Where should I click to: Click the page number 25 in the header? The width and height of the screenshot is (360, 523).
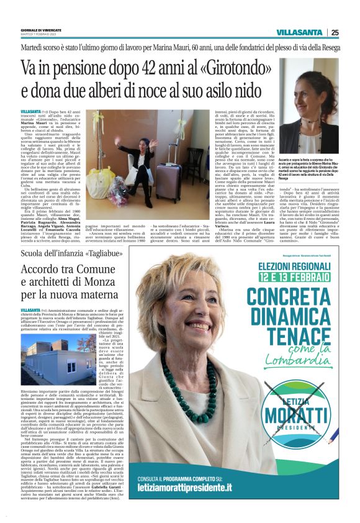pyautogui.click(x=335, y=32)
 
